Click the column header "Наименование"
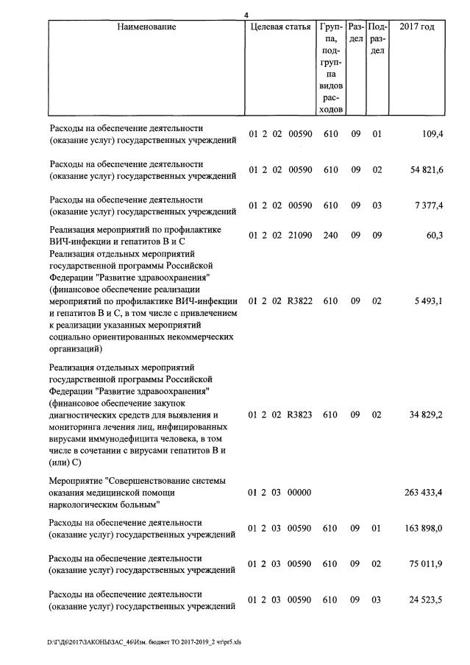click(146, 27)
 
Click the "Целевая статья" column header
click(280, 27)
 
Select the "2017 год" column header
click(416, 27)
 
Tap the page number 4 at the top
click(248, 14)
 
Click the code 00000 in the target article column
click(299, 493)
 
